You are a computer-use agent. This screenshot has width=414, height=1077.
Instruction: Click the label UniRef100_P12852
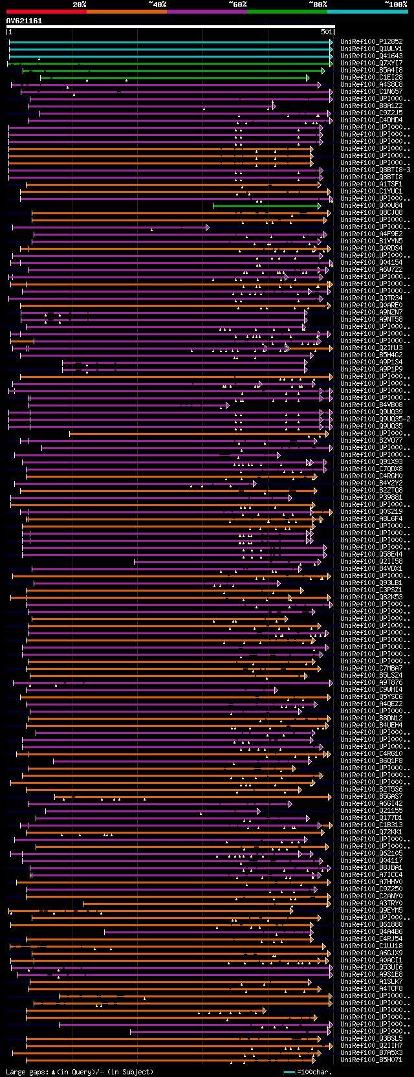(371, 42)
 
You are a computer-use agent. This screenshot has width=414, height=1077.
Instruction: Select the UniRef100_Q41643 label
(371, 56)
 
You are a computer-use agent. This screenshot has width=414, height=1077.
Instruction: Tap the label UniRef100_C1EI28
(371, 78)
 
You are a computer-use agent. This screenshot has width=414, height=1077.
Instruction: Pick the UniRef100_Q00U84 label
(371, 206)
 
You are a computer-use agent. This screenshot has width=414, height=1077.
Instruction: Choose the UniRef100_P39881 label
(371, 498)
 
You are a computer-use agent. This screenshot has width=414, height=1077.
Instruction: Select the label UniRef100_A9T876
(371, 683)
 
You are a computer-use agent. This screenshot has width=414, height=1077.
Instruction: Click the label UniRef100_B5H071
(371, 1060)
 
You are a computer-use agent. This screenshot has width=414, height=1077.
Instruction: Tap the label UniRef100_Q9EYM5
(371, 911)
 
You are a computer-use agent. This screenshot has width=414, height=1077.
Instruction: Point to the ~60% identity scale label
(237, 5)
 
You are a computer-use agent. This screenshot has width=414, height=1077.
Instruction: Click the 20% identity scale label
(80, 5)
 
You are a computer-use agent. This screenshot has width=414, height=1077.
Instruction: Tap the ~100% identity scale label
(395, 5)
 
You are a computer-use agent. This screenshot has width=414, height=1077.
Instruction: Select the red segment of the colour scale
(46, 12)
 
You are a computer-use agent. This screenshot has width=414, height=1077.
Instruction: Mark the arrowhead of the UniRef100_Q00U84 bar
(320, 206)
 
